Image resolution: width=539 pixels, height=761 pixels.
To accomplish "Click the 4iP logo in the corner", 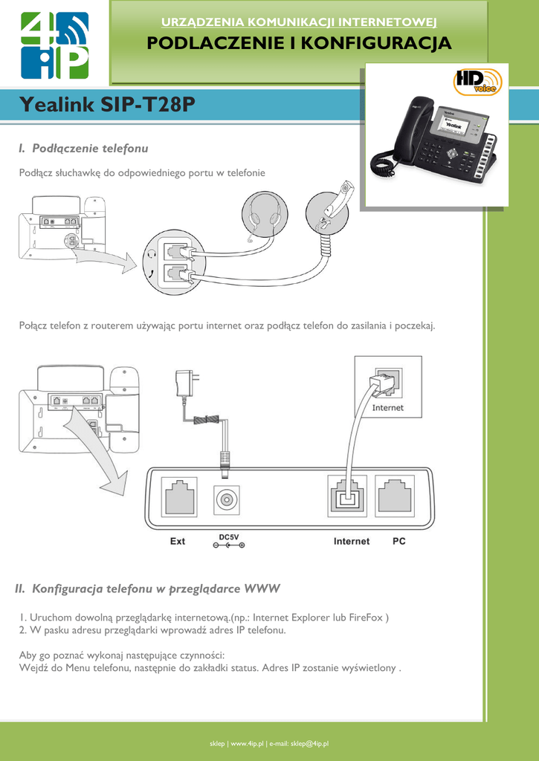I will point(54,45).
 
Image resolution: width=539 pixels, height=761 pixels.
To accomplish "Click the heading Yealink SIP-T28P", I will point(108,105).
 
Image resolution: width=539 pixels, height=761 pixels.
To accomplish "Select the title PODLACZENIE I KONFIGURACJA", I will point(299,43).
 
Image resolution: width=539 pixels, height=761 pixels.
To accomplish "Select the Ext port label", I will point(178,541).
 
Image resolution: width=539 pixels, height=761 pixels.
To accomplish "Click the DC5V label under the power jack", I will point(229,537).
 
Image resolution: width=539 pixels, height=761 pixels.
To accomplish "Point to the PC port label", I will point(399,541).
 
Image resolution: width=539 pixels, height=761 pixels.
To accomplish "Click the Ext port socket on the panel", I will point(178,496).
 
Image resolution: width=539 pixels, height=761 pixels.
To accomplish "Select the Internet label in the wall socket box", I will point(387,408).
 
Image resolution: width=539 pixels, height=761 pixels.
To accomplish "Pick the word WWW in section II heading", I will point(262,589).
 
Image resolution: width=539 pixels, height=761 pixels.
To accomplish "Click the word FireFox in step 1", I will point(367,617).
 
